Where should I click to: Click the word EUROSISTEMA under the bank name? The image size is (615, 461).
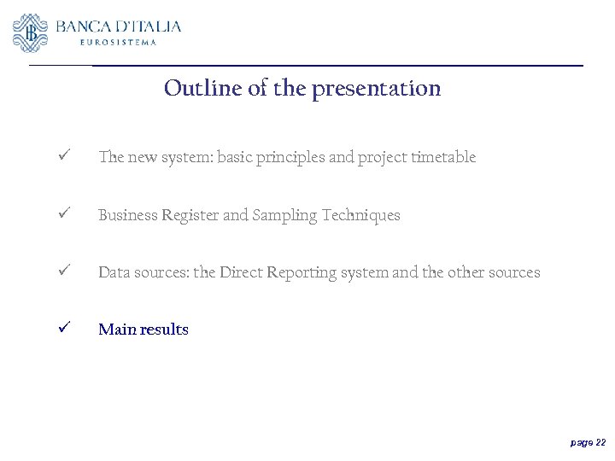[x=118, y=43]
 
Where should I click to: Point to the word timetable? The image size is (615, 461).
[x=443, y=157]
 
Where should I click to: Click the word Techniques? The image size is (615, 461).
[x=360, y=215]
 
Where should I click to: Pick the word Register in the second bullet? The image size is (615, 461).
[x=191, y=216]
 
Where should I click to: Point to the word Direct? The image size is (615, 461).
[x=242, y=272]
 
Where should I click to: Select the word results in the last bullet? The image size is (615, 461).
[x=167, y=330]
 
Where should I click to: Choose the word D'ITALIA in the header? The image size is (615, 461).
[x=151, y=26]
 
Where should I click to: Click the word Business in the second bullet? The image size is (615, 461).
[x=128, y=215]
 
